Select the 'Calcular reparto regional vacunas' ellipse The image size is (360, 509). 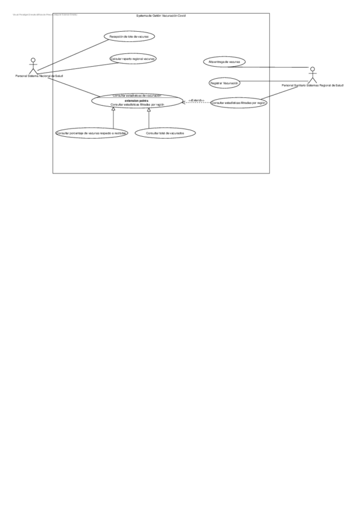[133, 59]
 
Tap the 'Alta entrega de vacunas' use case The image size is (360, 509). [224, 62]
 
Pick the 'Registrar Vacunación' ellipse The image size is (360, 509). [225, 82]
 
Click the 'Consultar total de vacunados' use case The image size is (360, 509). [165, 133]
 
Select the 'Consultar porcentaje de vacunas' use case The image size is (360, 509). [92, 133]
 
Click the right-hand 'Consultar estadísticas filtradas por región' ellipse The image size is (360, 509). [238, 103]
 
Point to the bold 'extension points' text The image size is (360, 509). [137, 100]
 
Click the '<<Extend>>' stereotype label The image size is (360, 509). [196, 100]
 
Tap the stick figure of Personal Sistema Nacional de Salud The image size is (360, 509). [34, 66]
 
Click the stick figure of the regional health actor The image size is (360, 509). [311, 76]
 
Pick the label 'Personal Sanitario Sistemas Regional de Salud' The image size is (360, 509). [312, 86]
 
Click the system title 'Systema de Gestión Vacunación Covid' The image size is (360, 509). [161, 16]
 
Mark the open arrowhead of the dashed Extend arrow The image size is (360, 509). [183, 103]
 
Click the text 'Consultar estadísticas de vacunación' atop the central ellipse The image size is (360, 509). [137, 96]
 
